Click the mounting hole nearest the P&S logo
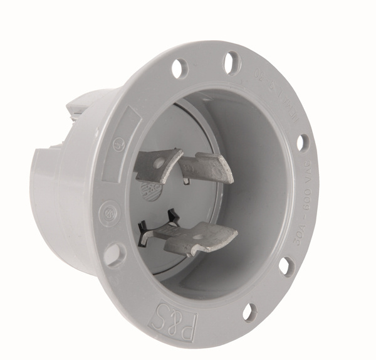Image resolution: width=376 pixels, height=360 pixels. point(249,311)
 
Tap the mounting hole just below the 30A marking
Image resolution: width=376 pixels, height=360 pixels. point(286,266)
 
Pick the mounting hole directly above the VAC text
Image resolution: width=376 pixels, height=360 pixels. point(303,142)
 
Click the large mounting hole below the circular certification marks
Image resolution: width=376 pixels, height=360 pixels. point(114,254)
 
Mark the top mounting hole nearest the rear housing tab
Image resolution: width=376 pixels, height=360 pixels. point(180,67)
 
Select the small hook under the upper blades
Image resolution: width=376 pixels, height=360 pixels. point(186,181)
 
